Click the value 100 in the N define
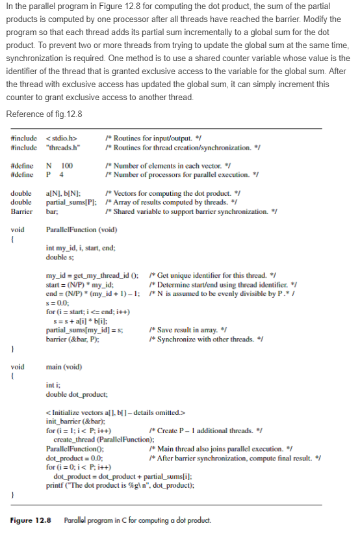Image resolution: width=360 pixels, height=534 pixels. [x=66, y=165]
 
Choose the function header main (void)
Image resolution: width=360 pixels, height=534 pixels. [x=64, y=366]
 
